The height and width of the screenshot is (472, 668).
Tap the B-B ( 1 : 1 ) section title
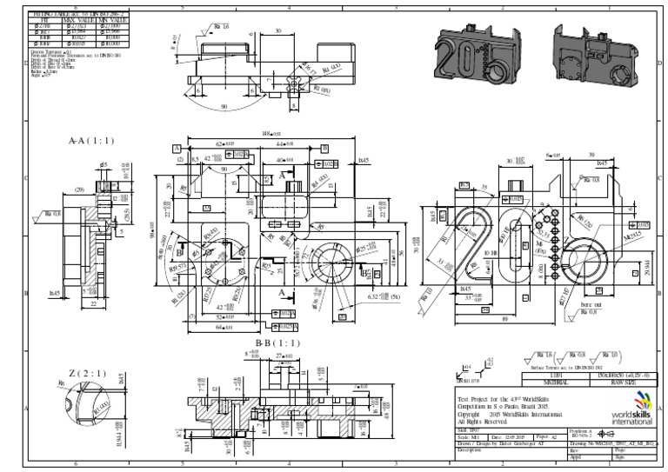279,342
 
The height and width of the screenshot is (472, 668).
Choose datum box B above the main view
324,149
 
